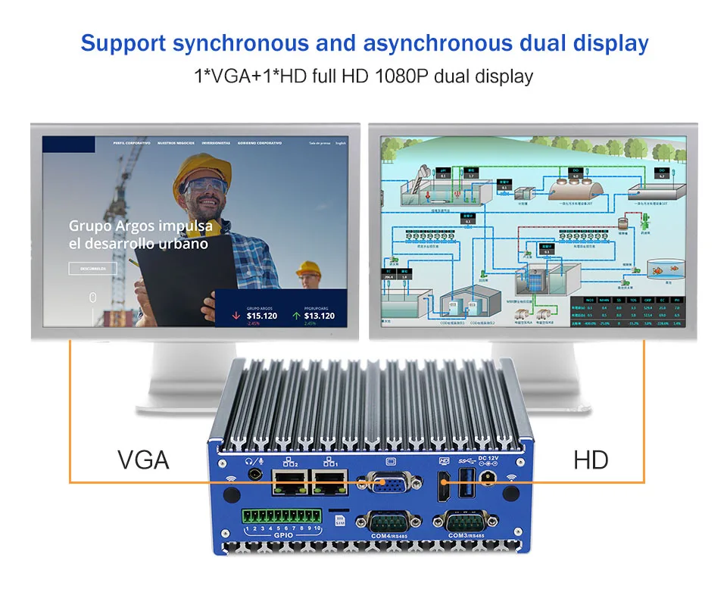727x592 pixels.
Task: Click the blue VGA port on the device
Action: click(391, 483)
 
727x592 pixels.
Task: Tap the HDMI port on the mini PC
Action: click(444, 485)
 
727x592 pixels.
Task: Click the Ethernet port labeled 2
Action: click(289, 482)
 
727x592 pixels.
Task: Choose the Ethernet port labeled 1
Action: click(329, 482)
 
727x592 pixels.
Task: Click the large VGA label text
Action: click(143, 460)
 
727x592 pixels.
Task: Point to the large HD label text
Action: click(591, 460)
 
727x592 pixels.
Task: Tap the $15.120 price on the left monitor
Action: click(262, 316)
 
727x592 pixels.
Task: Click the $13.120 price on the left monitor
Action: click(319, 316)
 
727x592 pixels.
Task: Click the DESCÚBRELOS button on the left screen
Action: click(93, 268)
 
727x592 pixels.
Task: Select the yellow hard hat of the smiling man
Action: click(198, 170)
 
